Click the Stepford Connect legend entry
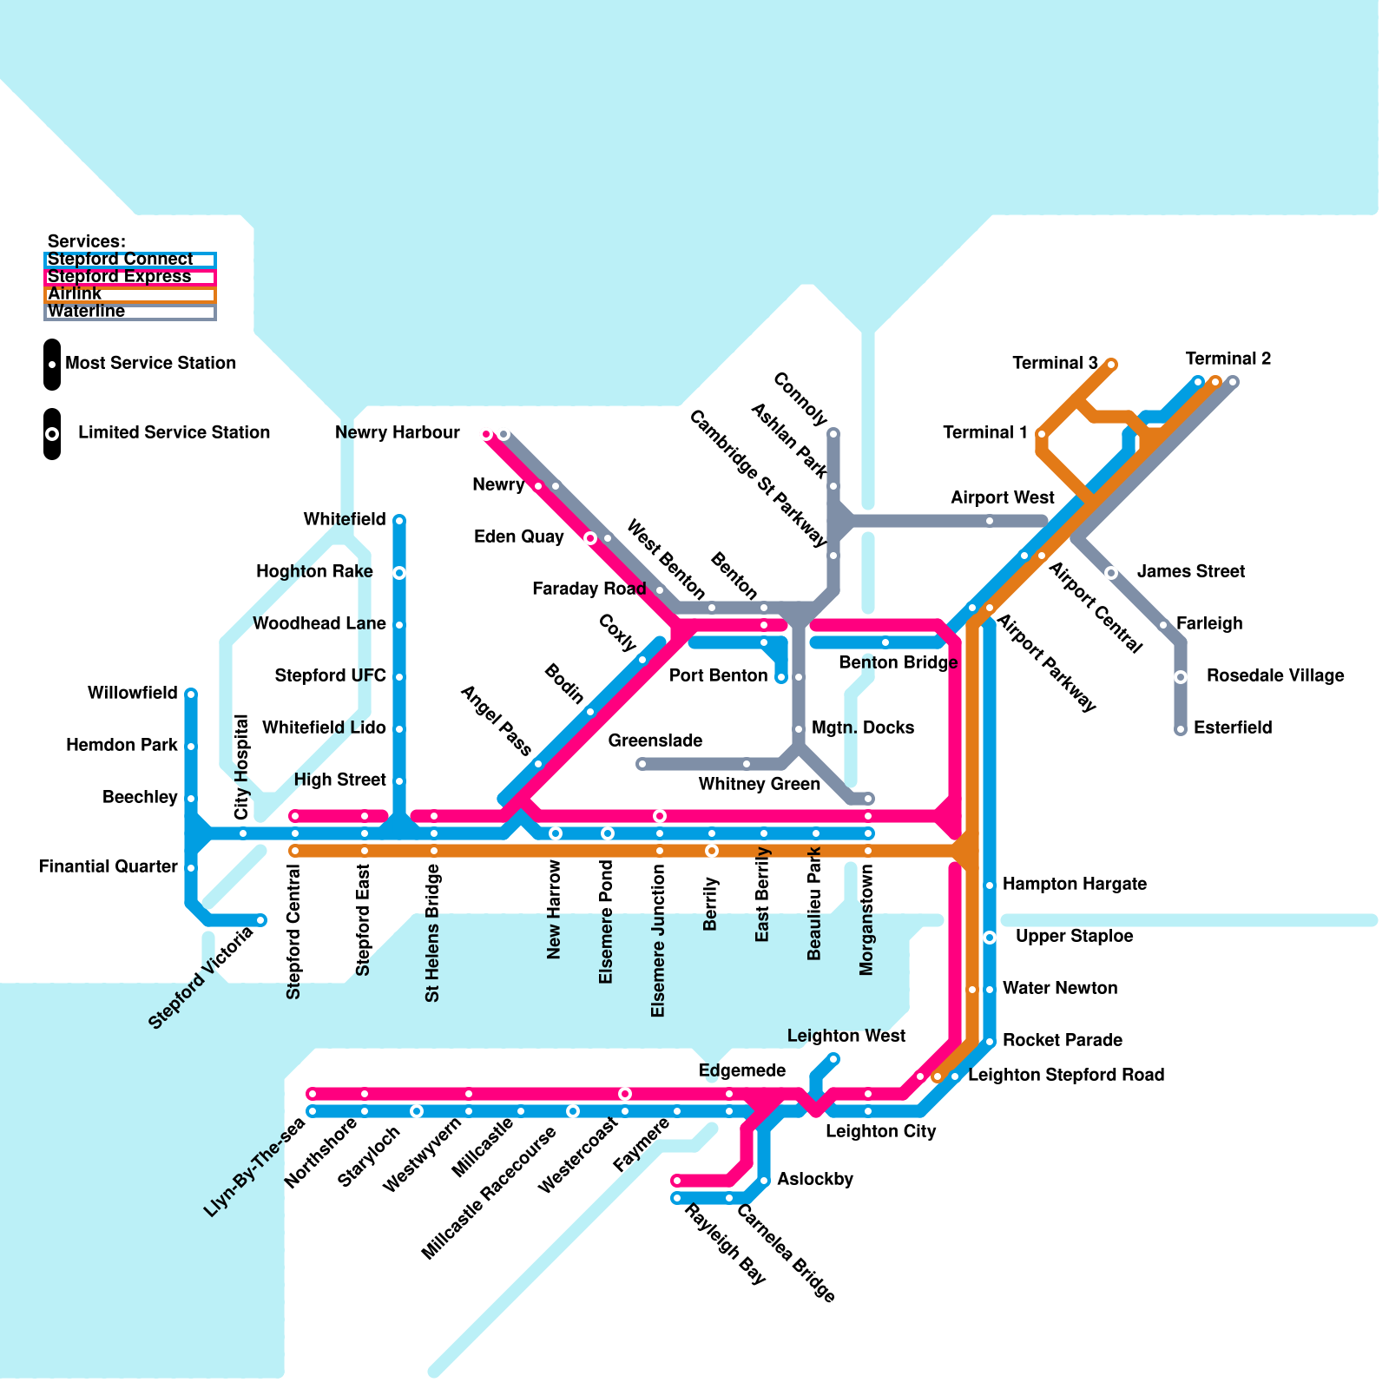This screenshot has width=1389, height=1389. (129, 260)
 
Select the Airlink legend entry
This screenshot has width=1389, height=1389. (129, 294)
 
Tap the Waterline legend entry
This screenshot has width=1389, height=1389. (129, 312)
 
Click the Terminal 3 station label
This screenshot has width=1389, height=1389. (1055, 363)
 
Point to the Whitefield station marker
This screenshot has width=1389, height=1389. (399, 520)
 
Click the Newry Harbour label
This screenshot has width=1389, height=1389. (398, 432)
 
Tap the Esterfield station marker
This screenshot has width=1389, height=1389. (1181, 730)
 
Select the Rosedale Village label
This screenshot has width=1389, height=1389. (1274, 675)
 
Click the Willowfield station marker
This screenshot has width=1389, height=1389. (191, 694)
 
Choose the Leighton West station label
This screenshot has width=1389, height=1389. (846, 1036)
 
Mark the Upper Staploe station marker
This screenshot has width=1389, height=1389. (990, 938)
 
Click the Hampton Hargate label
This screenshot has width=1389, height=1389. (1074, 884)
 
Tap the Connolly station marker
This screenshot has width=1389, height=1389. (833, 432)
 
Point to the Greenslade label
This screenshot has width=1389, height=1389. (655, 741)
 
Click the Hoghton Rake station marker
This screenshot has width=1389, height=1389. (399, 573)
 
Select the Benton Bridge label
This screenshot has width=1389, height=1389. (898, 662)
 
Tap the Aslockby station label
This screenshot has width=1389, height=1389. (814, 1179)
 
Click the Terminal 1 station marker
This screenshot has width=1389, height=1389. (1042, 434)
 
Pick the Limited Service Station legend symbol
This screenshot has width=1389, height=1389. (52, 433)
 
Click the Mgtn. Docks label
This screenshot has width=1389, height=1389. (862, 727)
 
